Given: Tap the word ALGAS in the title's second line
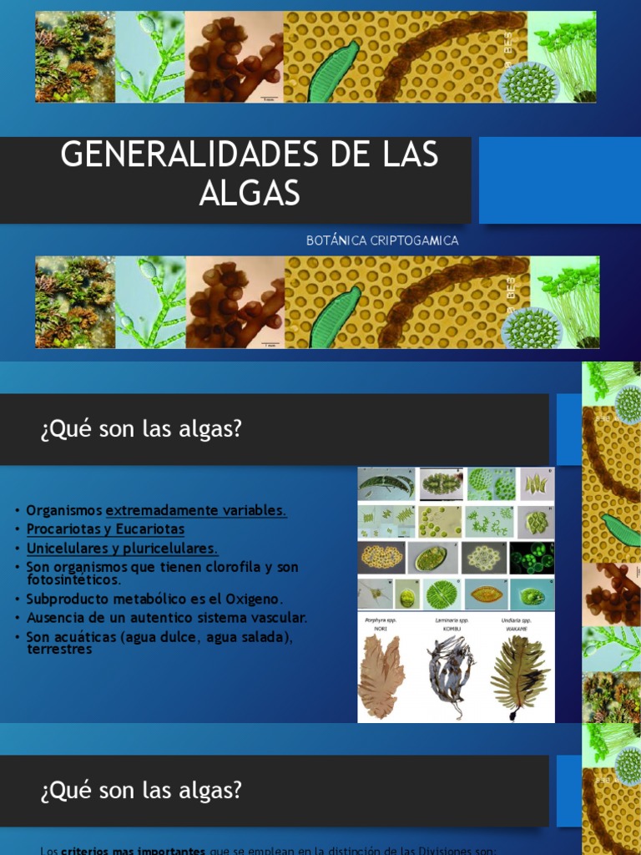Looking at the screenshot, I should [249, 193].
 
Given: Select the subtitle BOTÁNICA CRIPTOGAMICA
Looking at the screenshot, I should [382, 240].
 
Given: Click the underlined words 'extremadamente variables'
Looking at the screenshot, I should [196, 510].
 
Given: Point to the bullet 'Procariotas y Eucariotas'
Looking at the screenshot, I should [105, 529].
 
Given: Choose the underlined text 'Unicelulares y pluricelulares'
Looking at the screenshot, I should [122, 549].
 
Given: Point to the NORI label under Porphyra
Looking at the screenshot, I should [381, 628].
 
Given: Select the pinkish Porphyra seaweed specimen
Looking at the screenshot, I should [381, 676].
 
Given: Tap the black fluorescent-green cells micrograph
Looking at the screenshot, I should [532, 557].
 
